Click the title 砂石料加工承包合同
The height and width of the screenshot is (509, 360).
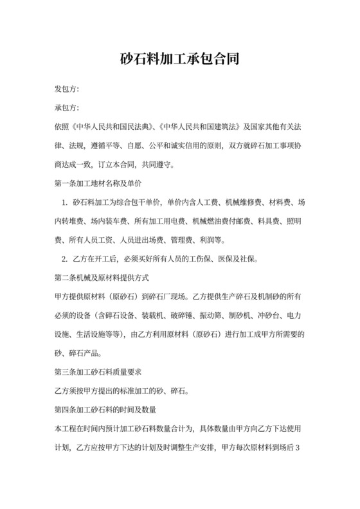(180, 60)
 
